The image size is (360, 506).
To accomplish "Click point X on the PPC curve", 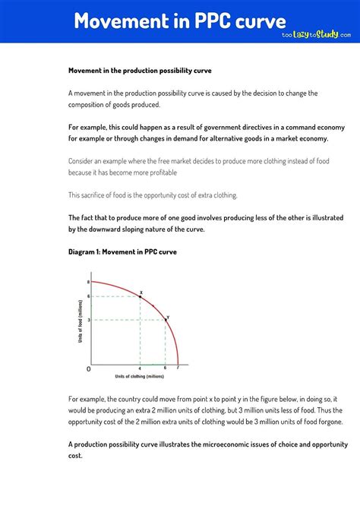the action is (141, 296).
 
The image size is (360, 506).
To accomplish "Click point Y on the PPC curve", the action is (166, 320).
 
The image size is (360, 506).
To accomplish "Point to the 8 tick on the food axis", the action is (89, 282).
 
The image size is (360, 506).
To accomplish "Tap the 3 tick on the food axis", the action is (89, 320).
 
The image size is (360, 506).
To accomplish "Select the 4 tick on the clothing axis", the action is (141, 368).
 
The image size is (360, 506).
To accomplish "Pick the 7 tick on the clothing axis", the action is (178, 368).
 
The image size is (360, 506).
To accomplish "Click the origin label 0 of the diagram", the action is (88, 368).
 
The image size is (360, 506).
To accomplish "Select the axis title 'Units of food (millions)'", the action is (80, 323).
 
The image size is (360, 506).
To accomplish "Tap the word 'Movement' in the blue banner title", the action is (118, 21).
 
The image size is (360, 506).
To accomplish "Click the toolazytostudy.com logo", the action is (316, 34).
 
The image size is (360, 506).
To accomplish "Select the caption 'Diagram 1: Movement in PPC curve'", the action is (122, 251).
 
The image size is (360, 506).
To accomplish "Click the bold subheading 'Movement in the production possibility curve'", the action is (140, 71).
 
